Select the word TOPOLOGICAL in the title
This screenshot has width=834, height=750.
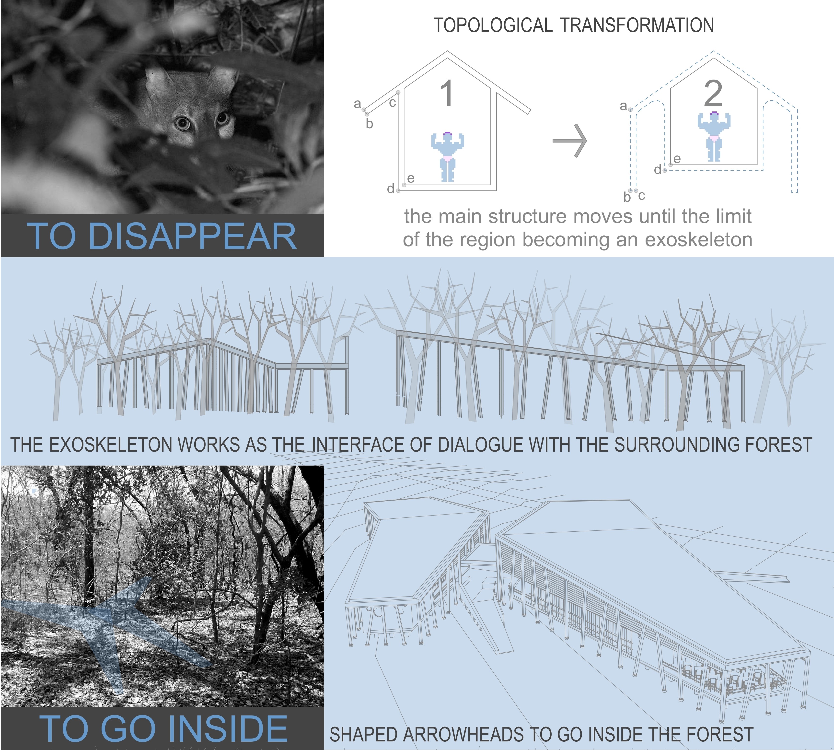pyautogui.click(x=493, y=25)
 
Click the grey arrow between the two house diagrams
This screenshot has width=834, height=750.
pyautogui.click(x=570, y=141)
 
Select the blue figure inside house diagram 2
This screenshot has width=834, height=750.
pyautogui.click(x=714, y=136)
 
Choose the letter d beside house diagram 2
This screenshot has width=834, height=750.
pyautogui.click(x=658, y=169)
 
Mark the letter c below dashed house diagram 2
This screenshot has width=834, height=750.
pyautogui.click(x=642, y=196)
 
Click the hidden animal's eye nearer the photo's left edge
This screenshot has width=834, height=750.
pyautogui.click(x=182, y=123)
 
